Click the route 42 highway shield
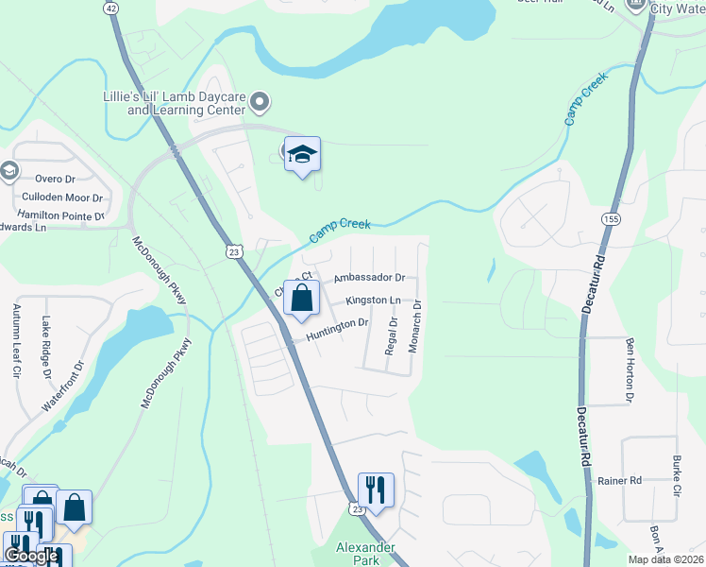112,7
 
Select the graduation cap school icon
302,155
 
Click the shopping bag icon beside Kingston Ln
301,299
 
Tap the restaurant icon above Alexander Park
376,490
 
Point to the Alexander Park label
359,553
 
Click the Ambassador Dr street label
369,278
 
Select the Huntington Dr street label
336,324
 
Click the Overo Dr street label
56,179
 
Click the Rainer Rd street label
619,480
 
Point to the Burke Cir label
677,477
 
